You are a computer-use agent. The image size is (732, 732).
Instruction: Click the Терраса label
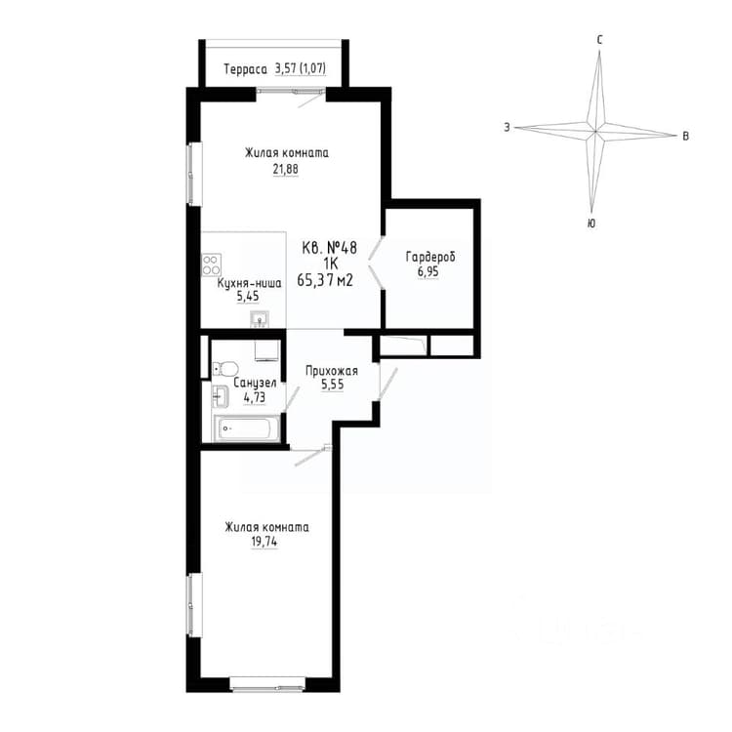(x=246, y=69)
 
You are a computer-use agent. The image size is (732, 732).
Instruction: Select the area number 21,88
(x=285, y=169)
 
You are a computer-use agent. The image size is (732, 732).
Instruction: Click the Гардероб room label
(x=430, y=258)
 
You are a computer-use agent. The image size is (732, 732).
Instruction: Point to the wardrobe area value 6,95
(x=428, y=271)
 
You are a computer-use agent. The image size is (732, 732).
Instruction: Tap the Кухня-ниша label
(x=249, y=283)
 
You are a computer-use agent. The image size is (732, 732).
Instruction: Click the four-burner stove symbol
(x=211, y=264)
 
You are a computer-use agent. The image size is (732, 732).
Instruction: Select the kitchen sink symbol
(x=259, y=319)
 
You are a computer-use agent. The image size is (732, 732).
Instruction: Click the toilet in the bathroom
(x=225, y=368)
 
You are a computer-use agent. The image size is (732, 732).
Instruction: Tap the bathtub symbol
(x=246, y=427)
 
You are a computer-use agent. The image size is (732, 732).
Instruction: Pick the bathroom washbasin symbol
(x=220, y=397)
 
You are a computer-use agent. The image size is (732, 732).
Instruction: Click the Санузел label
(x=255, y=384)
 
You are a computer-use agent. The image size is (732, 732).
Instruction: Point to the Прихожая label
(x=332, y=371)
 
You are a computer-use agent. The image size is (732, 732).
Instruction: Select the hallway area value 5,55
(x=332, y=385)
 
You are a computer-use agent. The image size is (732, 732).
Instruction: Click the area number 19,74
(x=264, y=542)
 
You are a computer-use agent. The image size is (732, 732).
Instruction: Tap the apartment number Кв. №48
(x=330, y=248)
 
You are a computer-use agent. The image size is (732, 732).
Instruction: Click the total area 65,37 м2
(x=325, y=280)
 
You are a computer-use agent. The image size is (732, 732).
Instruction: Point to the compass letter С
(x=600, y=40)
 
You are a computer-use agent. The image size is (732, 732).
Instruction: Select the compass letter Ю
(x=591, y=224)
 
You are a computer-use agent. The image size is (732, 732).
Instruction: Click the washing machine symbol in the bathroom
(x=267, y=350)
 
